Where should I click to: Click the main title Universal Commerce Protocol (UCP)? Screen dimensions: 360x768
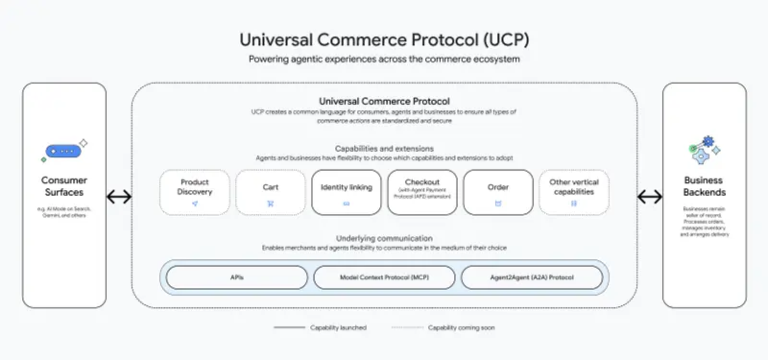click(384, 40)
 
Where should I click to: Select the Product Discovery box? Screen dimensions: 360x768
click(195, 192)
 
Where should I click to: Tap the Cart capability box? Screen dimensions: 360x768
click(271, 192)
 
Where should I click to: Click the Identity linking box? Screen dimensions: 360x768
click(347, 192)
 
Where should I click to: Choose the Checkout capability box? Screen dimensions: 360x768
click(422, 192)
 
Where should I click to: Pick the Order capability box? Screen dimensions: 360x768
click(498, 192)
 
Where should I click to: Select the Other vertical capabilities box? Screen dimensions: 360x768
click(574, 192)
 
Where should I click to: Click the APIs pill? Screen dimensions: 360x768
click(236, 277)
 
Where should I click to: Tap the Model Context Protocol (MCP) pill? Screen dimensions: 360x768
click(384, 277)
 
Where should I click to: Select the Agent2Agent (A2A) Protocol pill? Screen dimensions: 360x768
click(532, 277)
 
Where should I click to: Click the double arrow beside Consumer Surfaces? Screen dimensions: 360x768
click(119, 197)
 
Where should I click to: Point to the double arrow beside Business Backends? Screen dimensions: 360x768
click(650, 197)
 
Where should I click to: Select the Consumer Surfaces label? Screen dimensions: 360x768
click(64, 185)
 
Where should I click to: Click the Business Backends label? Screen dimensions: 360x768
click(704, 185)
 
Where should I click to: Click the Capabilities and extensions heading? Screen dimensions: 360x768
click(384, 149)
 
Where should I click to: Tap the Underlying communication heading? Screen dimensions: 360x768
click(384, 237)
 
